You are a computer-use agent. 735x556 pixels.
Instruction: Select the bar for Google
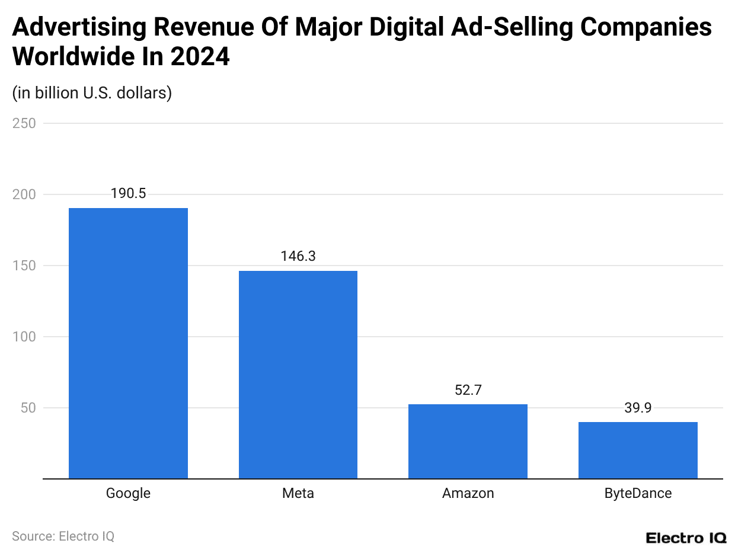pos(128,343)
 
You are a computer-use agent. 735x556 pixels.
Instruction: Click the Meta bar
pos(298,375)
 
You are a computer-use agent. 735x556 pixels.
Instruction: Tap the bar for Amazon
pos(468,441)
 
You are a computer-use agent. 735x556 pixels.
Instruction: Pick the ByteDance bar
pos(638,450)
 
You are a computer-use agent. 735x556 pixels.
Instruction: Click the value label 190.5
pos(128,194)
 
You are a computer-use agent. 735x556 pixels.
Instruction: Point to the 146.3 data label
pos(298,257)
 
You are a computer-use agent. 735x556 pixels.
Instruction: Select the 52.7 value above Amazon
pos(468,390)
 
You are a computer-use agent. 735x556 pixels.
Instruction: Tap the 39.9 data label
pos(638,408)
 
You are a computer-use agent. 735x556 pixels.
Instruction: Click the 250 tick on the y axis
pos(24,123)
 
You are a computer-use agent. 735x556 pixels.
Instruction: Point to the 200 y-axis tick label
pos(24,194)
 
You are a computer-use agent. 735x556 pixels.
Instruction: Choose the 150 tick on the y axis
pos(24,266)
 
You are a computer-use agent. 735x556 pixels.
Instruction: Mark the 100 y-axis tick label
pos(24,337)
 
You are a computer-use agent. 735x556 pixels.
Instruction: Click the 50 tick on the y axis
pos(28,408)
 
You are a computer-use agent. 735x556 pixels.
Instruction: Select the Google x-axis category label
pos(128,493)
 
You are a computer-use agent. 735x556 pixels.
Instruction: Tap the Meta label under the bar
pos(298,493)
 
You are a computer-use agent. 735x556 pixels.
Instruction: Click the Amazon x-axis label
pos(468,493)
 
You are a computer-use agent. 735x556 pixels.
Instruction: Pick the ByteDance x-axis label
pos(638,493)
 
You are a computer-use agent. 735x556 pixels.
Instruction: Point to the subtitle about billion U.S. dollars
pos(92,93)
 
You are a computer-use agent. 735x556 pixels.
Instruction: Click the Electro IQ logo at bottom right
pos(686,538)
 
